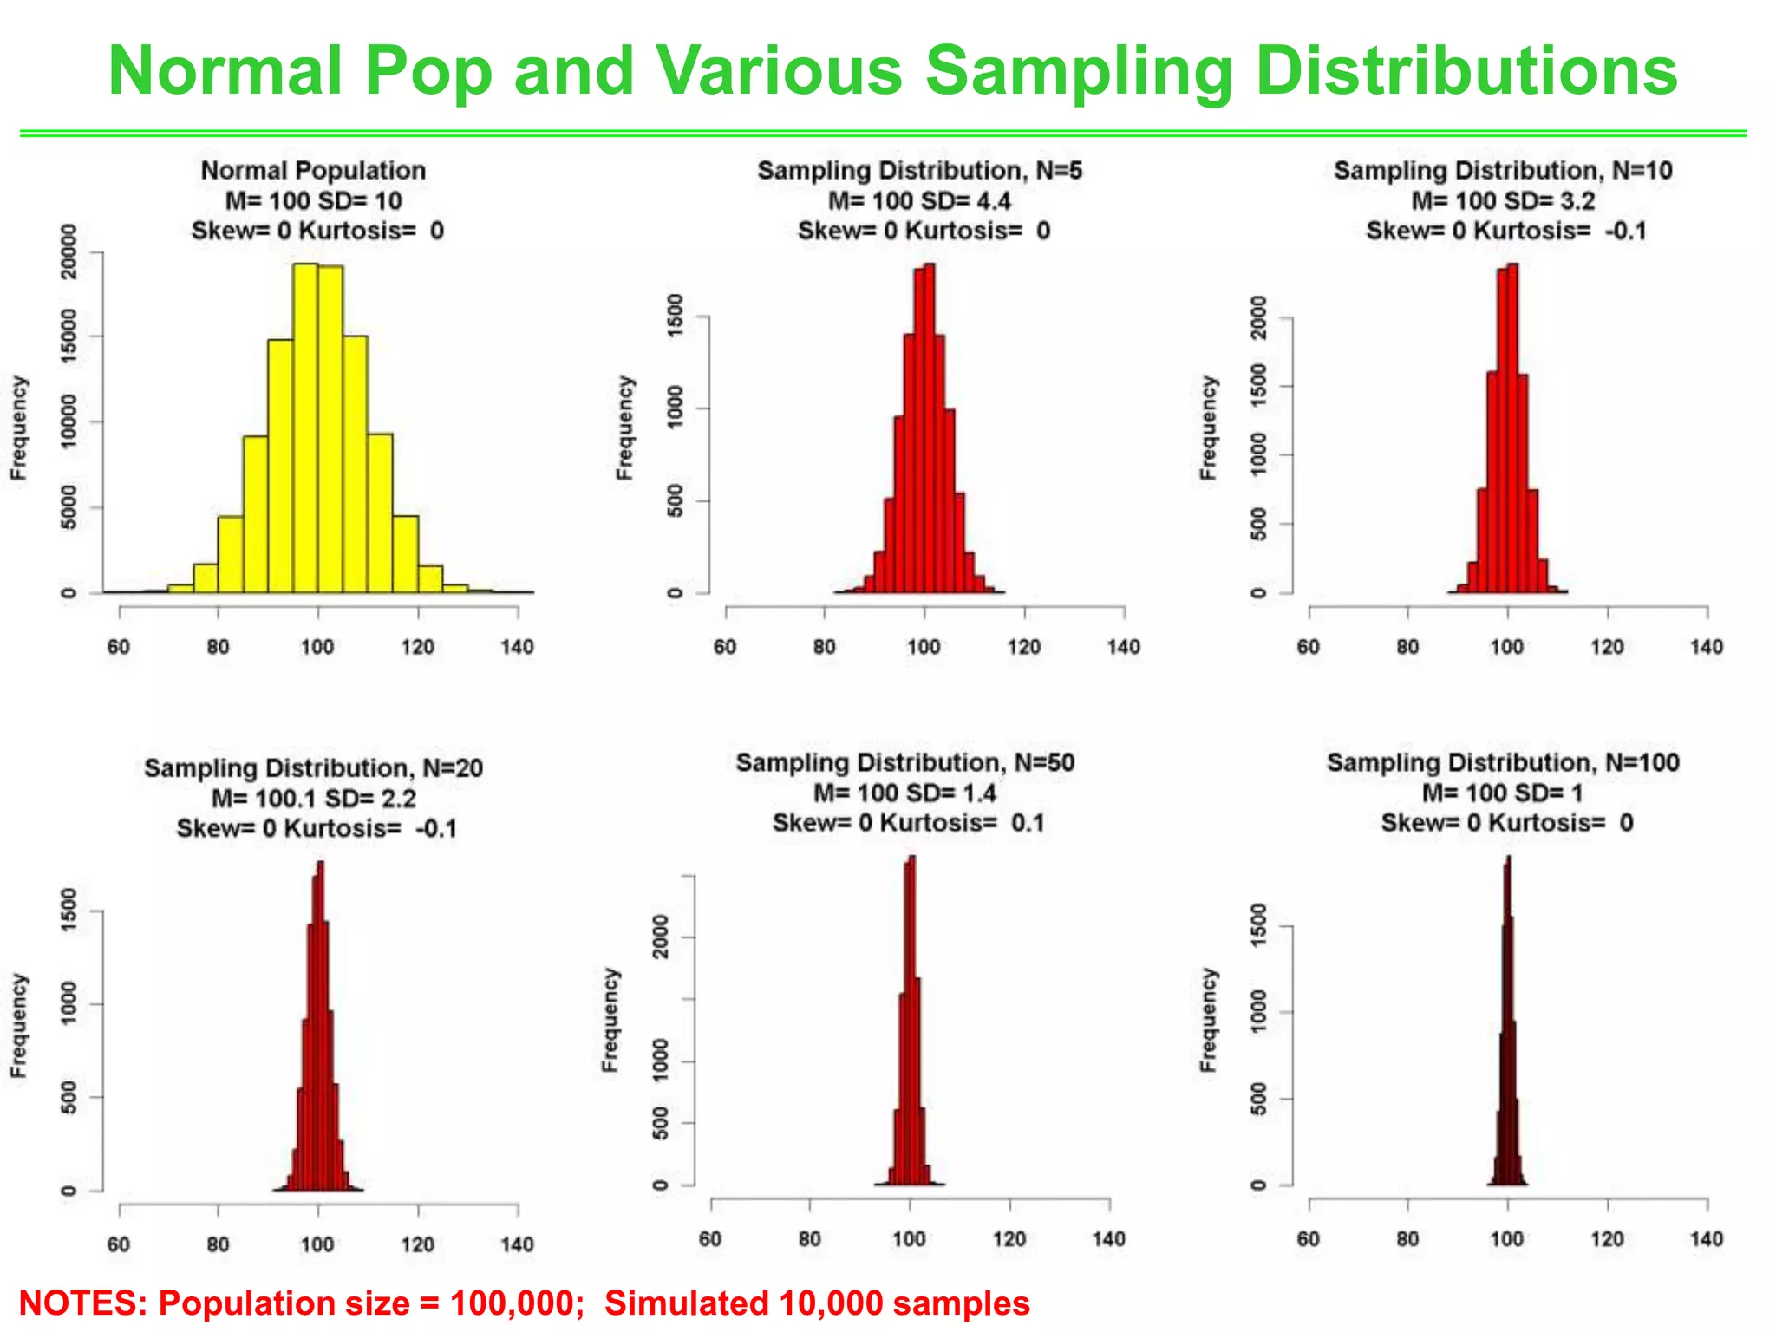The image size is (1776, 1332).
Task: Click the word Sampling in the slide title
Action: (x=1079, y=73)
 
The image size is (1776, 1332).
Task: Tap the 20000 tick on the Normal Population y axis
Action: (x=69, y=252)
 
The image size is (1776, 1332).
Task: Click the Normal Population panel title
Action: (x=313, y=171)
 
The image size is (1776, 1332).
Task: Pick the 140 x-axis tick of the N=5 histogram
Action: (x=1124, y=647)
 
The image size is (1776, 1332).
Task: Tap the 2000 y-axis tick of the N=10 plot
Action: (x=1258, y=318)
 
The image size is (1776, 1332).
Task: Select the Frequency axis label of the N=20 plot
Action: (x=18, y=1026)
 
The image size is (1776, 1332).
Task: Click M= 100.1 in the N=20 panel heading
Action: (x=264, y=799)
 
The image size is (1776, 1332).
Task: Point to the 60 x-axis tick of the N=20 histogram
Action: (x=119, y=1244)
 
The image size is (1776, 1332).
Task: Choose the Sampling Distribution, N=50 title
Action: (x=904, y=763)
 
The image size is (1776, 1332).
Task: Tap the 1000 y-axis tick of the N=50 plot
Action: (x=660, y=1061)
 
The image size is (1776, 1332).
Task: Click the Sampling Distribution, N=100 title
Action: (x=1503, y=763)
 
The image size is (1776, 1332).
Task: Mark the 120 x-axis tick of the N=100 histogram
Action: (x=1607, y=1239)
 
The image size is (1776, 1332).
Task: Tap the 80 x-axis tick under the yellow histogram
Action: (x=218, y=647)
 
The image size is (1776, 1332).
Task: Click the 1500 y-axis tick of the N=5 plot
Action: (x=675, y=317)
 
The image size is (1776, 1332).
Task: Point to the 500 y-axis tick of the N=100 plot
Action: (x=1258, y=1099)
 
